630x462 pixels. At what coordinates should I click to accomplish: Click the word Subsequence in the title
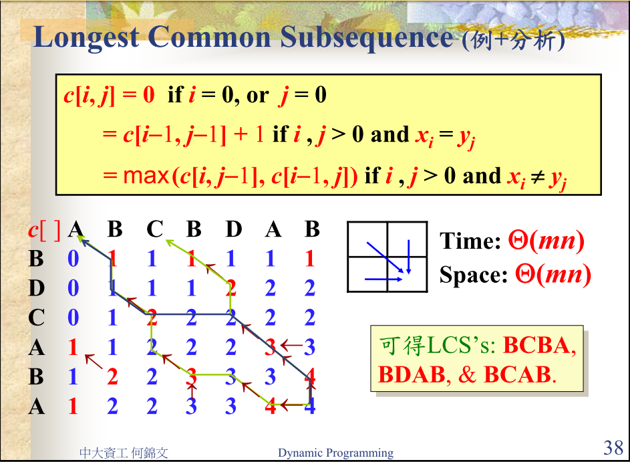(365, 37)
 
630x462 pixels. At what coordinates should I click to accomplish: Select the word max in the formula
(146, 177)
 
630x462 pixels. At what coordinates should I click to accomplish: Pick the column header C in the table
(154, 230)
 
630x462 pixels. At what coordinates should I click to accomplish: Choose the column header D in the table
(233, 230)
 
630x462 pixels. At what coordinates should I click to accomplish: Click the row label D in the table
(36, 288)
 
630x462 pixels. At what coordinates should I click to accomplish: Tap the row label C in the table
(36, 318)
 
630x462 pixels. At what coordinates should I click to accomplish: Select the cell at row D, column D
(230, 288)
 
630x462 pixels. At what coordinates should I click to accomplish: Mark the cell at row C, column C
(152, 318)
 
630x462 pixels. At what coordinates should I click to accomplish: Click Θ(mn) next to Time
(547, 241)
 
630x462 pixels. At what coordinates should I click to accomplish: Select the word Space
(470, 275)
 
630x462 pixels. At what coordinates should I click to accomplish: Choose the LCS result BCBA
(537, 345)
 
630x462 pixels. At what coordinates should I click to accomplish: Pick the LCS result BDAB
(412, 374)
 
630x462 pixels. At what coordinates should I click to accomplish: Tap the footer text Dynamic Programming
(335, 453)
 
